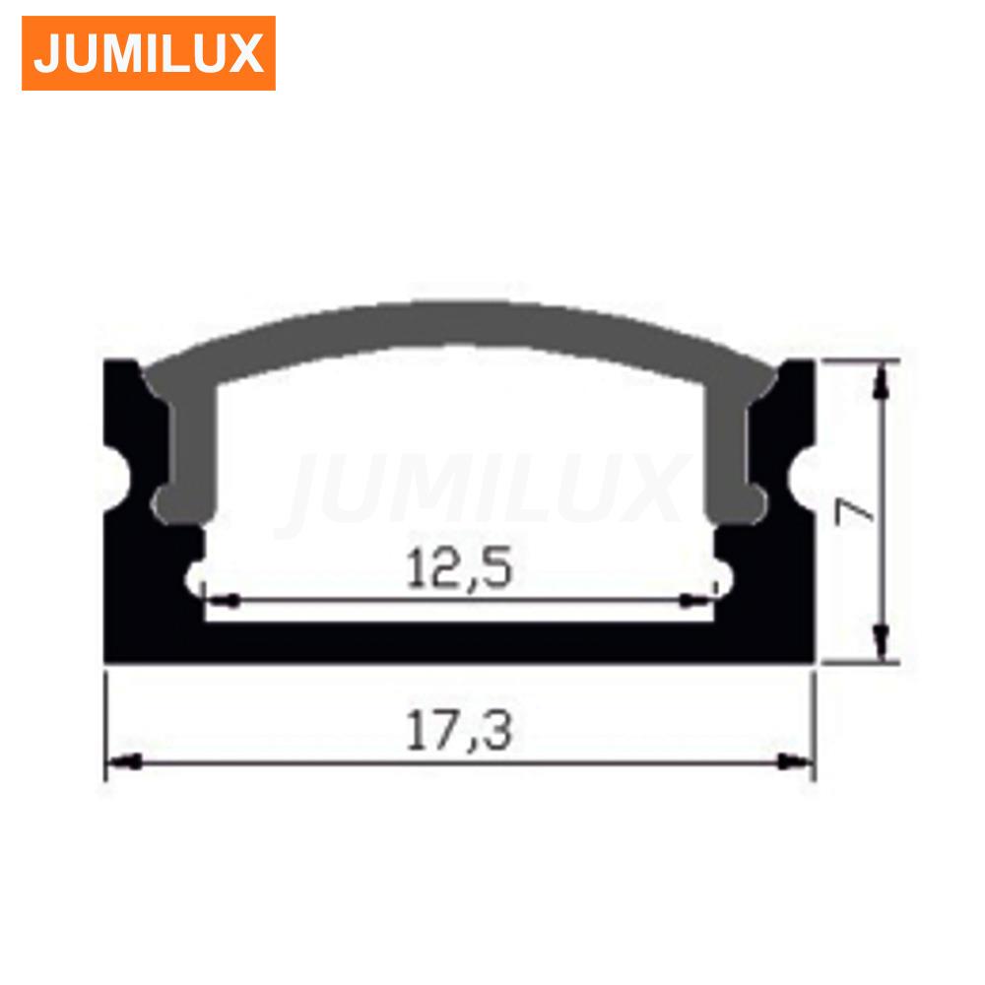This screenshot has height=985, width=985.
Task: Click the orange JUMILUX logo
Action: click(149, 53)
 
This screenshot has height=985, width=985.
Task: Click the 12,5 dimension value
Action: click(459, 568)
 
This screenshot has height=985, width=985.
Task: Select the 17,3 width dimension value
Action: click(459, 730)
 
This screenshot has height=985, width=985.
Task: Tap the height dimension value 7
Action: click(853, 511)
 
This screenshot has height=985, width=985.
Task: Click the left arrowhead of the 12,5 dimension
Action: click(223, 601)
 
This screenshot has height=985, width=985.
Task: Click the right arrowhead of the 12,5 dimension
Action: click(697, 601)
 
